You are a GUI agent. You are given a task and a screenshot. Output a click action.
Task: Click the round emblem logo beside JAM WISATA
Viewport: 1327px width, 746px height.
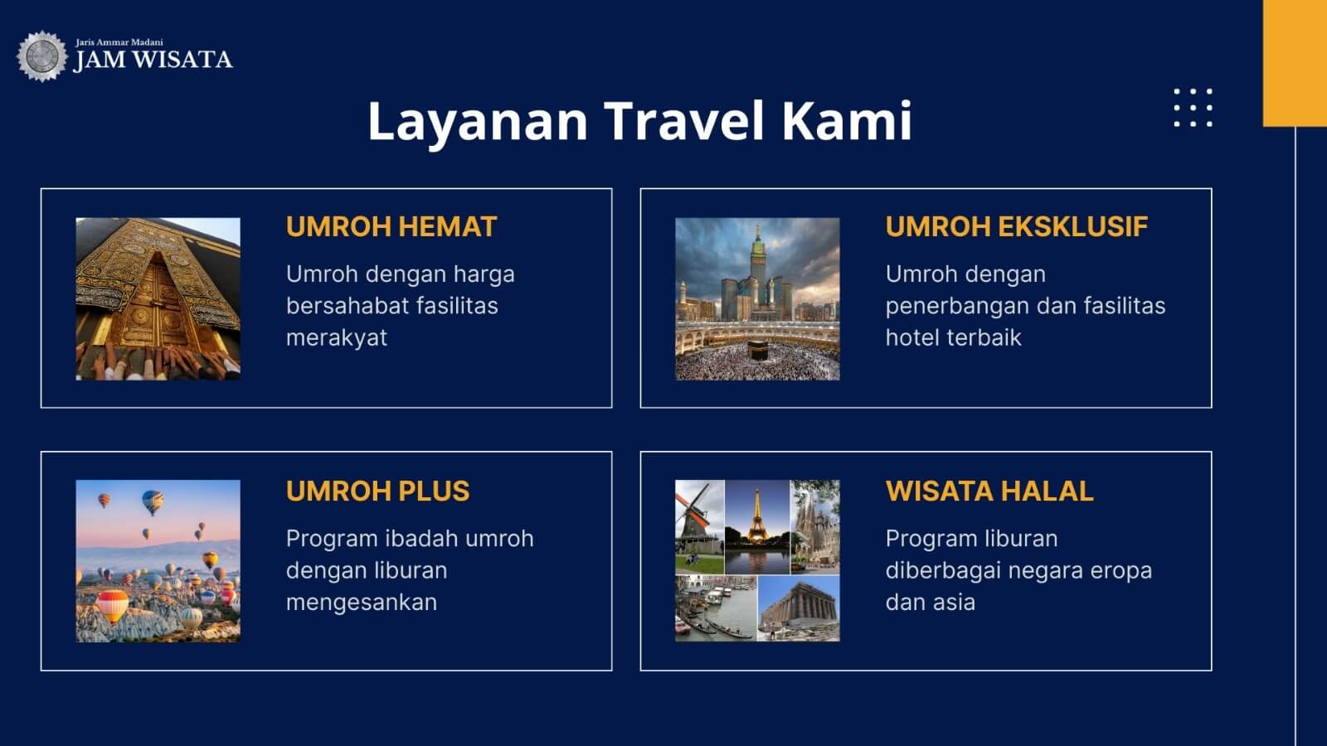[41, 56]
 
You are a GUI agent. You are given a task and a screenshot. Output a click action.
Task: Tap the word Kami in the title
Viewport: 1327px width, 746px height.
[847, 121]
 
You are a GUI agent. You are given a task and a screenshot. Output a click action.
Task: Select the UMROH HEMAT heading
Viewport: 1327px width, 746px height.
[391, 227]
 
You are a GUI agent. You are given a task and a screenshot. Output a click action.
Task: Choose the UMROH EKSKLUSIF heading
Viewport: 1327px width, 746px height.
[1017, 227]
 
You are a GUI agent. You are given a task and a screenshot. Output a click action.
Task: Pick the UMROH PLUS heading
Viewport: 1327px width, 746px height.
[378, 491]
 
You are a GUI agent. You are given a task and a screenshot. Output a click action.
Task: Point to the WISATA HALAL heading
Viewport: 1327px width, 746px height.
[989, 491]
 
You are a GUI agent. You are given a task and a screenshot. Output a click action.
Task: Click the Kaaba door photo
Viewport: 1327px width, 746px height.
[158, 299]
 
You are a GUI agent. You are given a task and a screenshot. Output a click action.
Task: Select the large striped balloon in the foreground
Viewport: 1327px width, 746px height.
[112, 606]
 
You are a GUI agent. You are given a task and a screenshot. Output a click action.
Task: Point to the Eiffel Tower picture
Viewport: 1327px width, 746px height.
[757, 527]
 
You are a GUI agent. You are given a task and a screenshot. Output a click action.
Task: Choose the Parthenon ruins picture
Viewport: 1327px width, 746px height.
[800, 608]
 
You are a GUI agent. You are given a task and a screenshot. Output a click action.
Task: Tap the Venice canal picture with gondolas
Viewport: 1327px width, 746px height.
[717, 608]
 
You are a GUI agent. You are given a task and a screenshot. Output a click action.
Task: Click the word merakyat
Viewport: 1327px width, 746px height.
[337, 338]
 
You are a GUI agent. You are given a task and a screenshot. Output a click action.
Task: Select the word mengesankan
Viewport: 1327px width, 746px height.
[362, 602]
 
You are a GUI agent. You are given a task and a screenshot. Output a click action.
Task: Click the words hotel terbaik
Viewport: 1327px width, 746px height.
[953, 337]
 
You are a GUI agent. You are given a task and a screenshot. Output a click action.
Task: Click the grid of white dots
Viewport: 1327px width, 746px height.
[1193, 108]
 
